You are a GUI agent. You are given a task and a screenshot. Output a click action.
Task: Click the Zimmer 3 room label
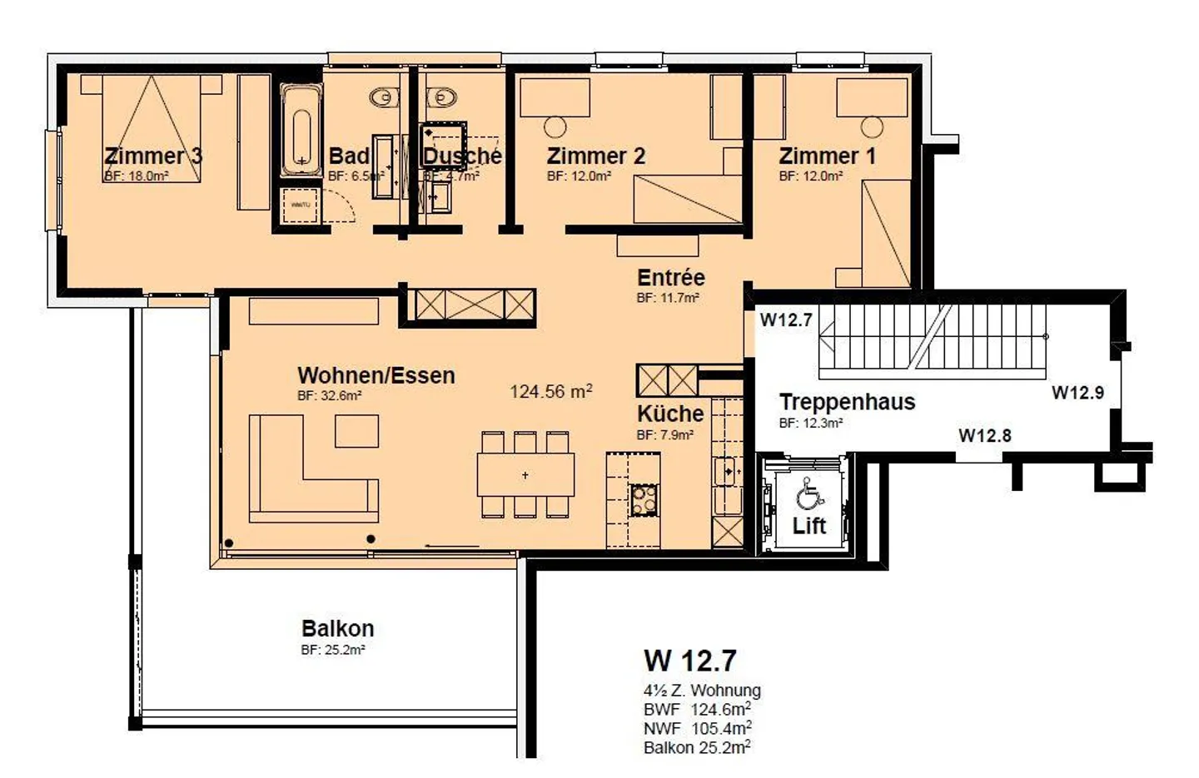click(x=153, y=156)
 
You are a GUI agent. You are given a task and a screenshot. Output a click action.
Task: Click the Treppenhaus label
click(x=847, y=402)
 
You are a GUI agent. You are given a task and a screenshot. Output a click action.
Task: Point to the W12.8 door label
click(x=984, y=435)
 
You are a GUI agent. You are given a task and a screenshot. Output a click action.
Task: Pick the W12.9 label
click(x=1077, y=393)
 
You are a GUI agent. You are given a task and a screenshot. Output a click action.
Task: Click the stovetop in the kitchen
click(x=644, y=499)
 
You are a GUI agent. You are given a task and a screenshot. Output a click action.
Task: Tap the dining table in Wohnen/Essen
click(x=525, y=475)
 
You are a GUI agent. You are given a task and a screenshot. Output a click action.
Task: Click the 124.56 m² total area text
click(x=550, y=391)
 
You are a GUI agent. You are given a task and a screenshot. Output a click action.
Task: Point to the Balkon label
click(x=337, y=628)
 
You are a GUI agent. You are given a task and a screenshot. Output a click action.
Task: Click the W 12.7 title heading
click(x=689, y=661)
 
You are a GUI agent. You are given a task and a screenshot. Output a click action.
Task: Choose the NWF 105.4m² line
click(x=697, y=729)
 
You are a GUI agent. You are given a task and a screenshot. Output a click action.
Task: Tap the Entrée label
click(x=670, y=277)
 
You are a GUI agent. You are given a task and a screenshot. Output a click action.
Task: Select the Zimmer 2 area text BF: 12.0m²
click(x=579, y=176)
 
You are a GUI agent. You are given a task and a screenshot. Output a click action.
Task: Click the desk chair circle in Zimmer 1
click(x=872, y=127)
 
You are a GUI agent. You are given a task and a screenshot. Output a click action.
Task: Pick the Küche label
click(x=670, y=414)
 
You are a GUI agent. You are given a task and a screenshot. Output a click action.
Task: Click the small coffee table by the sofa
click(x=356, y=431)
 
